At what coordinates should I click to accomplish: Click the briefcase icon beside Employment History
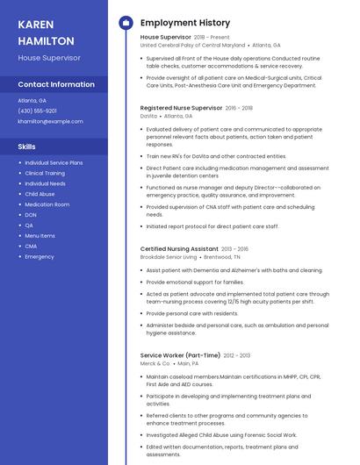tap(126, 22)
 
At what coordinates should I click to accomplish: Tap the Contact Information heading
tap(56, 84)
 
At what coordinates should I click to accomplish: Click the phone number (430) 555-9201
tap(38, 111)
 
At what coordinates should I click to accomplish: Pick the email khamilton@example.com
tap(51, 121)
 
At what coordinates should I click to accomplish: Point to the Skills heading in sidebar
tap(27, 147)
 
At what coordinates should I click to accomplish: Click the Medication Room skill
tap(47, 204)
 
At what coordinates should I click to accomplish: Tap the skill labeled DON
tap(31, 215)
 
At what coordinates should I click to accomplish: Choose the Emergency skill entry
tap(40, 257)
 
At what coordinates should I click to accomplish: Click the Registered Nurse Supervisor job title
tap(181, 107)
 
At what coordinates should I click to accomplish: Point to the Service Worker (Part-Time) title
tap(180, 355)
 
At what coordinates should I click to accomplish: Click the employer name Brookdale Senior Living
tap(169, 257)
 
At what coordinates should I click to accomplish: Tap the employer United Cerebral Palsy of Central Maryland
tap(192, 45)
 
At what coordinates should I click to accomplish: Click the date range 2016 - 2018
tap(239, 107)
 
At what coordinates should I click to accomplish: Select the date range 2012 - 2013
tap(237, 355)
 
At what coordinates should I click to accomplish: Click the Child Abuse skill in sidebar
tap(40, 194)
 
